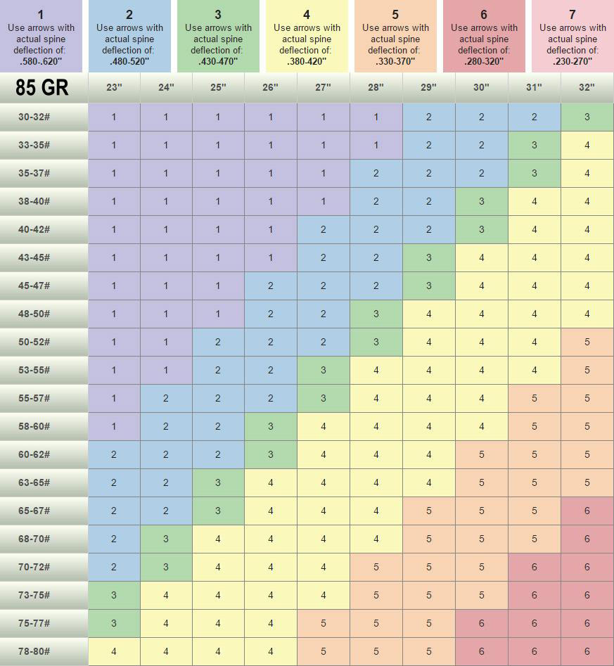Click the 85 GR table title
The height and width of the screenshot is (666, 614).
(x=44, y=89)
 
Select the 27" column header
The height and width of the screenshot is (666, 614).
(x=323, y=88)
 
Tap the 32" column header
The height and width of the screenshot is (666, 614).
(x=587, y=88)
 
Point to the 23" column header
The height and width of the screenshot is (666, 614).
(x=114, y=88)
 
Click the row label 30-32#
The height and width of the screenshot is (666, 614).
(x=34, y=117)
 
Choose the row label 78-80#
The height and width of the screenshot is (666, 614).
(x=34, y=651)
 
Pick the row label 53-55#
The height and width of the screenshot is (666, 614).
(x=34, y=370)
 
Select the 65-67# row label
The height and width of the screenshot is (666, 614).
(x=34, y=511)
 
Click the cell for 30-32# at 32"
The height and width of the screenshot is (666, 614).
(x=587, y=117)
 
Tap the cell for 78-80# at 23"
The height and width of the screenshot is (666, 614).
(x=114, y=651)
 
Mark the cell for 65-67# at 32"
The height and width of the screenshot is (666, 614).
(x=587, y=511)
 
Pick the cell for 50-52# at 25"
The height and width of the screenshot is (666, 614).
(x=218, y=342)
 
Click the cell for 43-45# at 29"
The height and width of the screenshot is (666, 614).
(x=428, y=257)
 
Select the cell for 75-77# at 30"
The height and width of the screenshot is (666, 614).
(x=481, y=623)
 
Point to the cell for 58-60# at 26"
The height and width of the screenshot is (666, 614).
(x=271, y=426)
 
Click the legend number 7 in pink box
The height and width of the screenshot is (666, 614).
(x=573, y=14)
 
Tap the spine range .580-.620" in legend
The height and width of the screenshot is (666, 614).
(x=41, y=62)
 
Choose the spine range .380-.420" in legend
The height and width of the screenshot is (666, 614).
(x=307, y=61)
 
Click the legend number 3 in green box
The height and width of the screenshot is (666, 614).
(x=218, y=14)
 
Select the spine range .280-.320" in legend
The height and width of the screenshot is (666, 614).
(x=484, y=61)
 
